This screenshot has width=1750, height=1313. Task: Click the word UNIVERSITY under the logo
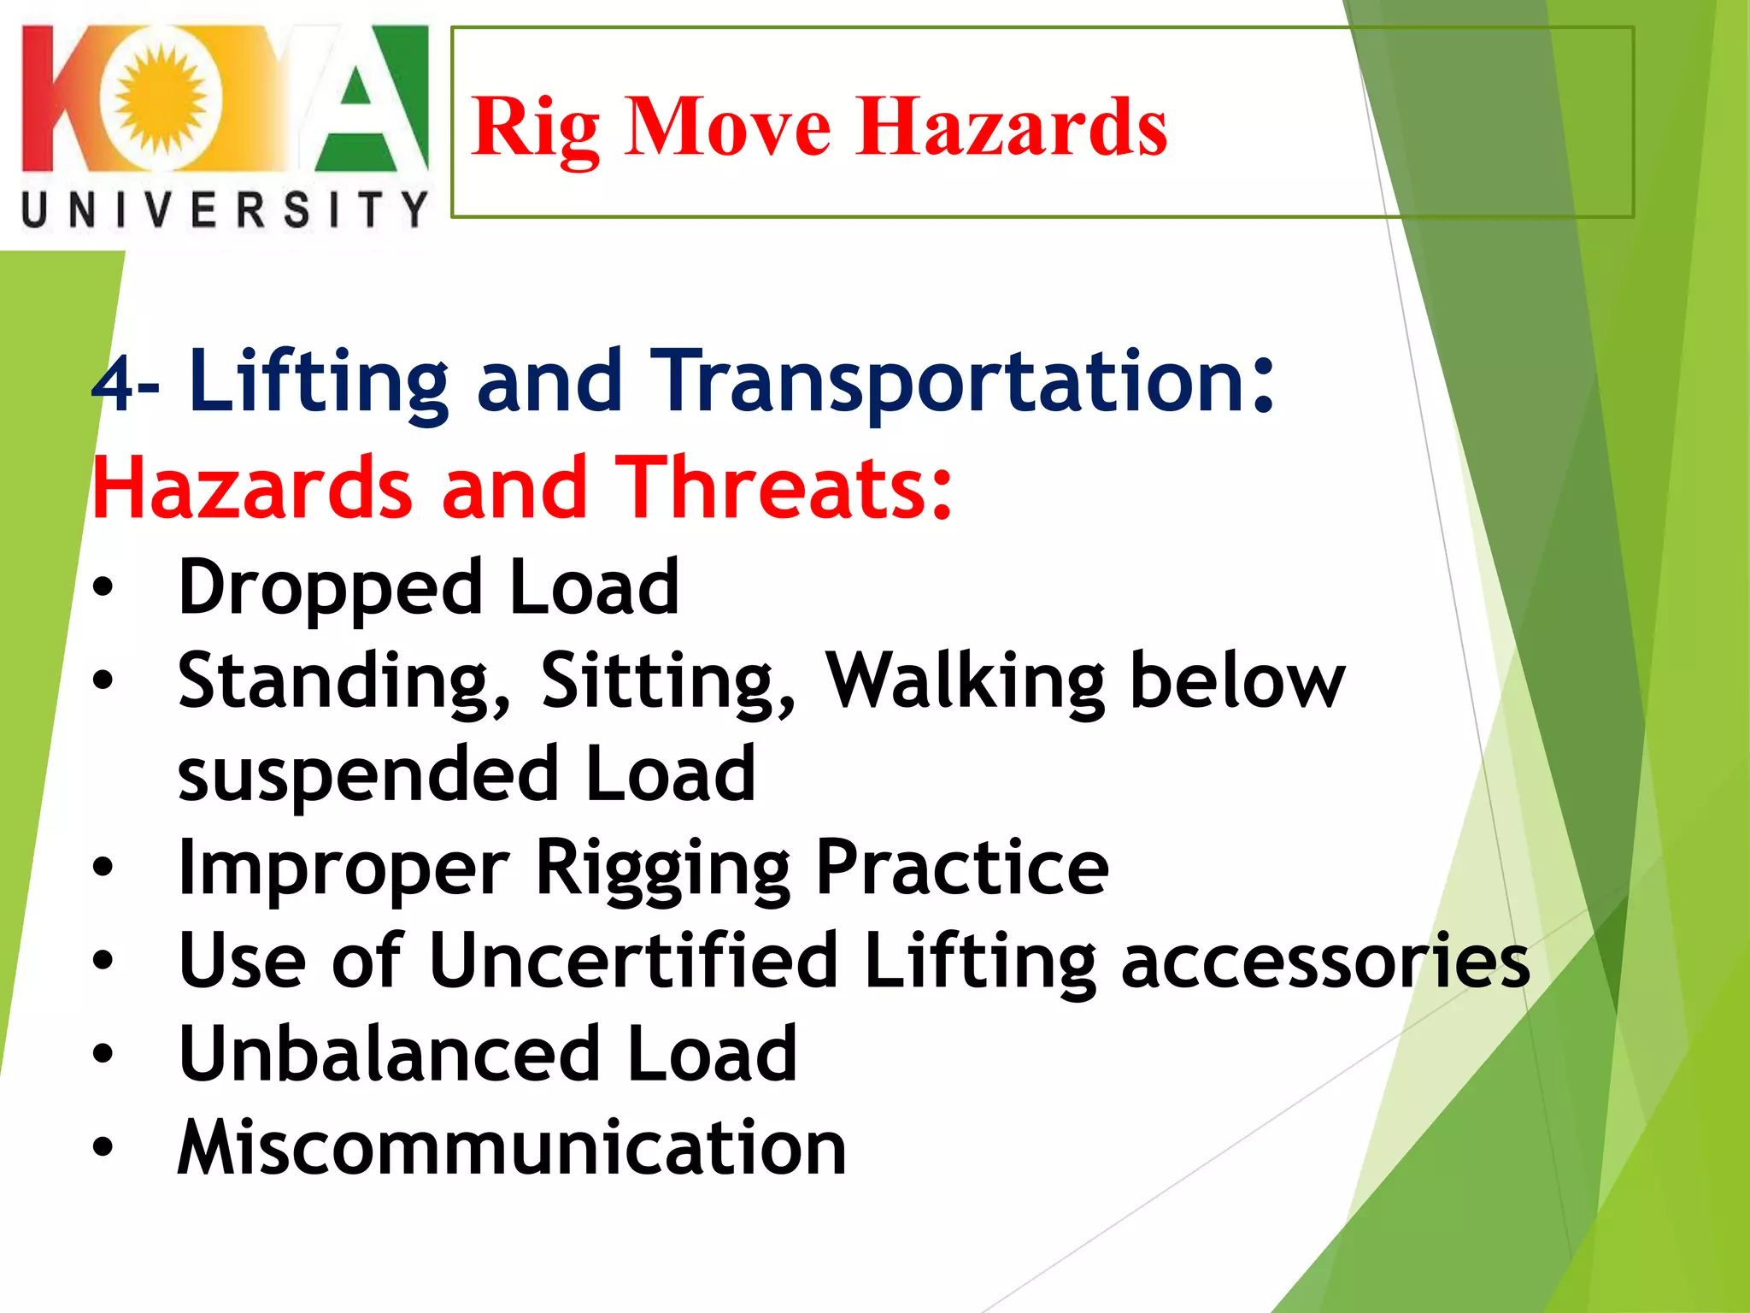point(224,210)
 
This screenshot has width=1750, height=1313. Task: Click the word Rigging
point(662,869)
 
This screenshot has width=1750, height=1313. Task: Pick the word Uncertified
point(633,961)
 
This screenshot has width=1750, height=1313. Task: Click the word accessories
point(1324,963)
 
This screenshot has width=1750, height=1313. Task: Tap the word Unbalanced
point(389,1055)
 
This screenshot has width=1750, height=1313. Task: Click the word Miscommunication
point(511,1148)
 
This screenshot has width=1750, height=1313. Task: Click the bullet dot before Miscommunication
point(103,1148)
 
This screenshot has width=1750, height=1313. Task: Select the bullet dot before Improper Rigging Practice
point(103,868)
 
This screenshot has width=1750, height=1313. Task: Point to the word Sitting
point(667,682)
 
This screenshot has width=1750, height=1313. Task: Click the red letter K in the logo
point(56,98)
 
